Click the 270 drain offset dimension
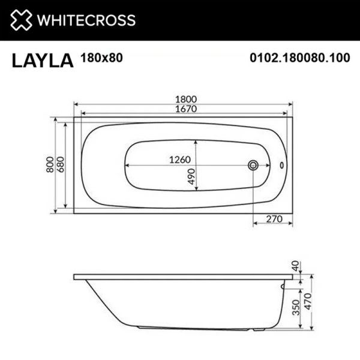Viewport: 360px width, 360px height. [274, 220]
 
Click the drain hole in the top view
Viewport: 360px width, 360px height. [253, 164]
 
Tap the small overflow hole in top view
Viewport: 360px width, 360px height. [283, 164]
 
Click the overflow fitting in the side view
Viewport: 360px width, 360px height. [282, 287]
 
